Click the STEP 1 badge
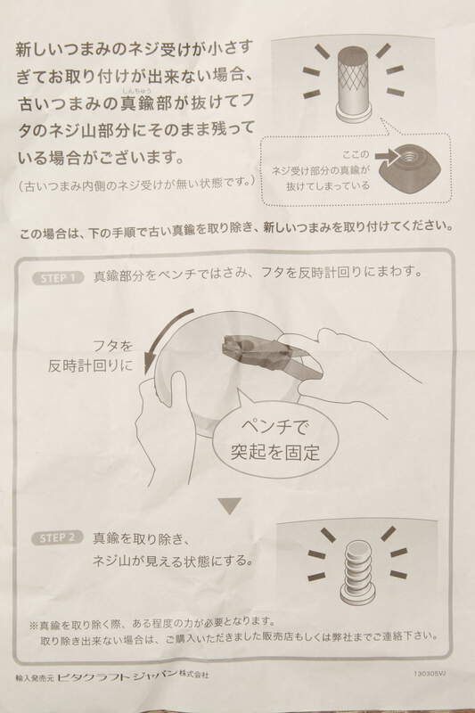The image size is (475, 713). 58,278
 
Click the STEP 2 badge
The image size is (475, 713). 57,538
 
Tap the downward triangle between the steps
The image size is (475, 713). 229,505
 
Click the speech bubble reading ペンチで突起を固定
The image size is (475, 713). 275,439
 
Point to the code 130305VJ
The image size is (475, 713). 429,674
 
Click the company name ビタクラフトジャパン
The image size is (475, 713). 117,676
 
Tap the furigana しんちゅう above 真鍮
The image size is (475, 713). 136,91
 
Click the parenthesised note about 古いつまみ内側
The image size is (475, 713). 135,184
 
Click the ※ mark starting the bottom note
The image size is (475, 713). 34,626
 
